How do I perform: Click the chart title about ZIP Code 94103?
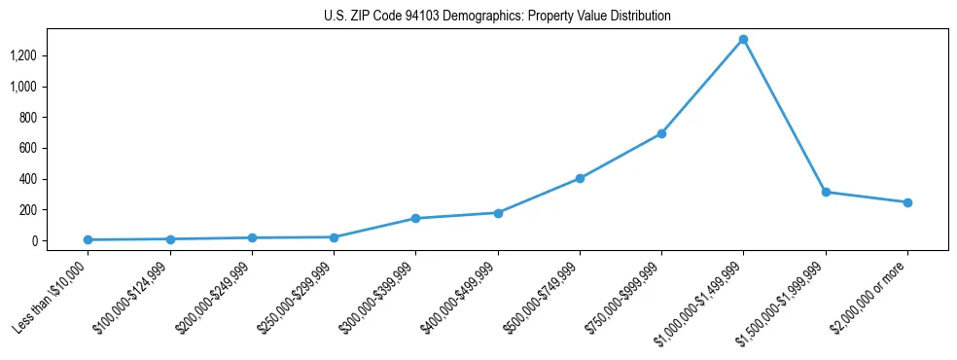pyautogui.click(x=497, y=17)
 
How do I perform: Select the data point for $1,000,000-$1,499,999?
pyautogui.click(x=743, y=40)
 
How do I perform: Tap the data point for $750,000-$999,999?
pyautogui.click(x=661, y=133)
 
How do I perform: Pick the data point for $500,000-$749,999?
pyautogui.click(x=580, y=178)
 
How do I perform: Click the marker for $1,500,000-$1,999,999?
pyautogui.click(x=826, y=192)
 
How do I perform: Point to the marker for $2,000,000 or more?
pyautogui.click(x=907, y=202)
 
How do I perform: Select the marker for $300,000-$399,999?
pyautogui.click(x=415, y=218)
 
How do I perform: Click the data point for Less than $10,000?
pyautogui.click(x=88, y=239)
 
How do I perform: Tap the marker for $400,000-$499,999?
pyautogui.click(x=498, y=213)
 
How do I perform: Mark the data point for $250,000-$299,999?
pyautogui.click(x=334, y=237)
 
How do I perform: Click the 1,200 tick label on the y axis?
pyautogui.click(x=22, y=55)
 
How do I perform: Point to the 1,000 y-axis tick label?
pyautogui.click(x=22, y=87)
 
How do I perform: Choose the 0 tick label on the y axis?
pyautogui.click(x=33, y=240)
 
